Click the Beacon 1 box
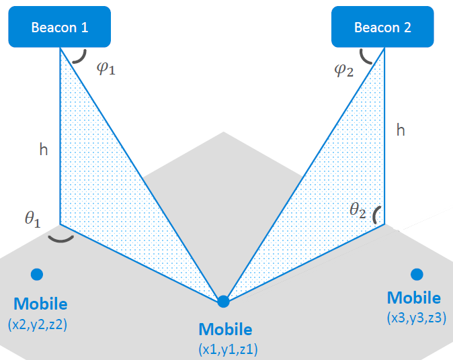click(x=60, y=28)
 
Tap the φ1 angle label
click(x=106, y=69)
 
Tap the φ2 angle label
click(x=343, y=69)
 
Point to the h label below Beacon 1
click(x=44, y=150)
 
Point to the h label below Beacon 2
click(x=401, y=130)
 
